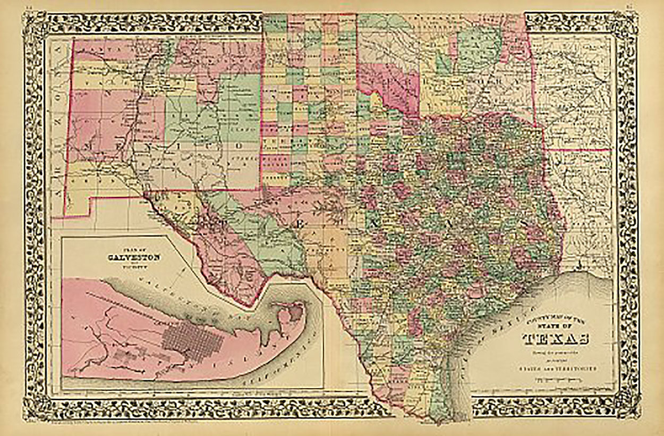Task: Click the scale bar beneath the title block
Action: point(558,378)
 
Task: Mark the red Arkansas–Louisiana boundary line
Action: point(579,150)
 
